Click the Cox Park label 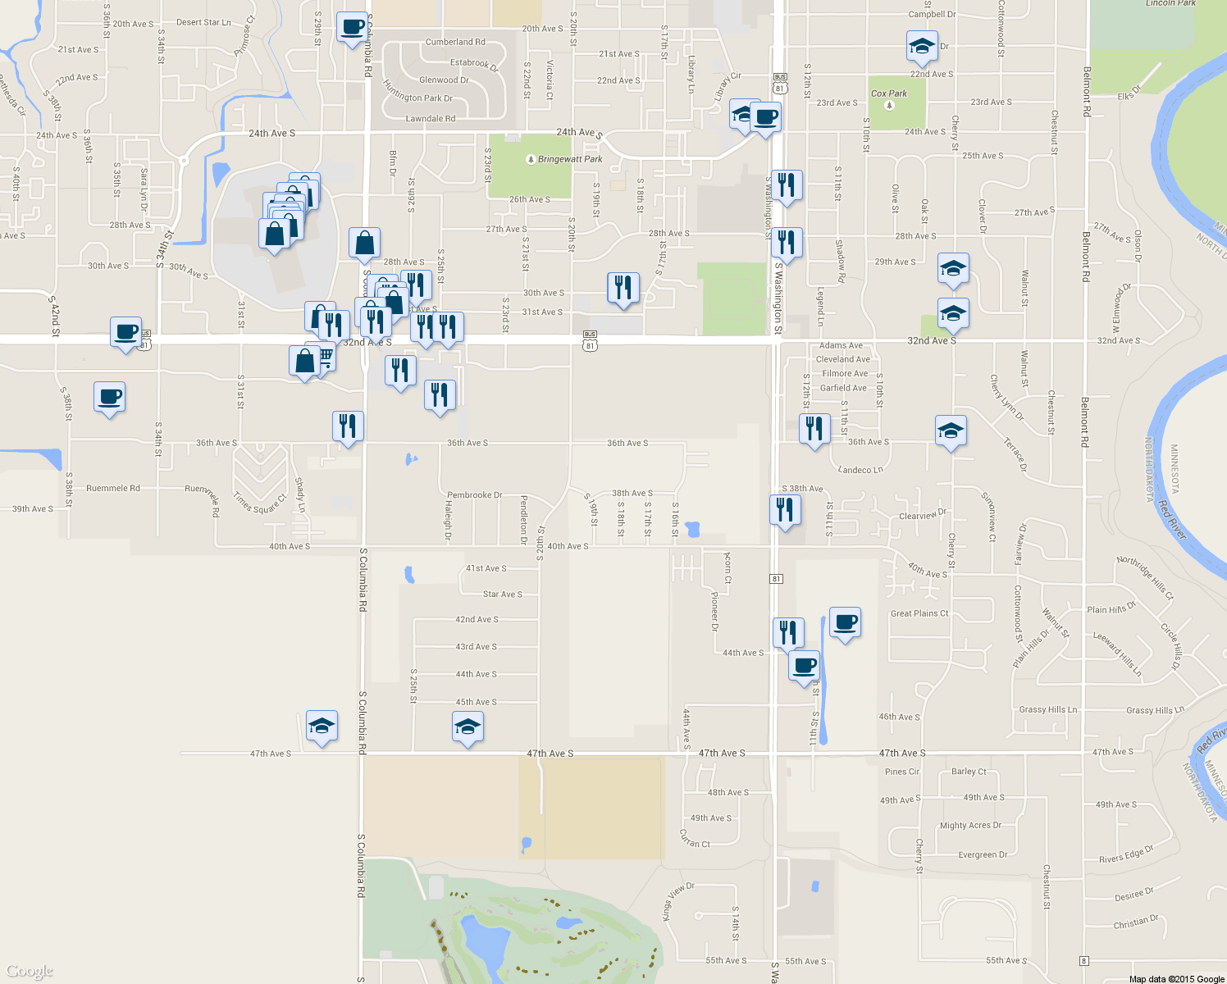889,93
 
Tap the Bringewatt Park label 570,159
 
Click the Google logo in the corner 29,972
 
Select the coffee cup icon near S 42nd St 125,332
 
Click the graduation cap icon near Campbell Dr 922,47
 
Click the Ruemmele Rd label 113,488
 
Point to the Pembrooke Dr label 474,495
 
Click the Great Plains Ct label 919,613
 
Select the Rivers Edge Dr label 1125,854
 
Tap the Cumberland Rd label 455,42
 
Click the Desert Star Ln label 203,22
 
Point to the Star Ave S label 502,594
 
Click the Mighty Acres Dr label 970,826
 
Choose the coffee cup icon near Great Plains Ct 845,622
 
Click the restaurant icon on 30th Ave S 623,288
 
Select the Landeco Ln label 860,470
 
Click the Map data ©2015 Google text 1176,979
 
